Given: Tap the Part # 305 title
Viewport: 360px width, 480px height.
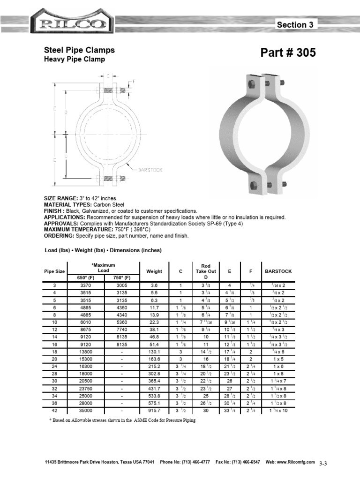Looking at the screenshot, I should [x=288, y=53].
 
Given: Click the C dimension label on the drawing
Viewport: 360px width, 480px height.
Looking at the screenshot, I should [x=108, y=76].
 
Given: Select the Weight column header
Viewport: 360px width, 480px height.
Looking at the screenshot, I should [x=154, y=271].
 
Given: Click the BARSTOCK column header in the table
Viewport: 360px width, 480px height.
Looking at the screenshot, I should [x=278, y=271].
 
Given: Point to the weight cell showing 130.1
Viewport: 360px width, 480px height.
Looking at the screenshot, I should [x=154, y=351].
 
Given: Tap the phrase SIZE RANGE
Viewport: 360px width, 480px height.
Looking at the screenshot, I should [x=60, y=199].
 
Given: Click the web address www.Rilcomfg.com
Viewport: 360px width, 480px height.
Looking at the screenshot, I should [x=298, y=462].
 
